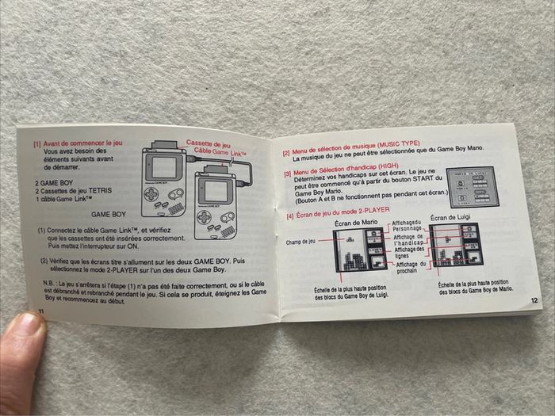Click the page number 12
pyautogui.click(x=534, y=300)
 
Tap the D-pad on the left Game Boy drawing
pyautogui.click(x=151, y=194)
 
